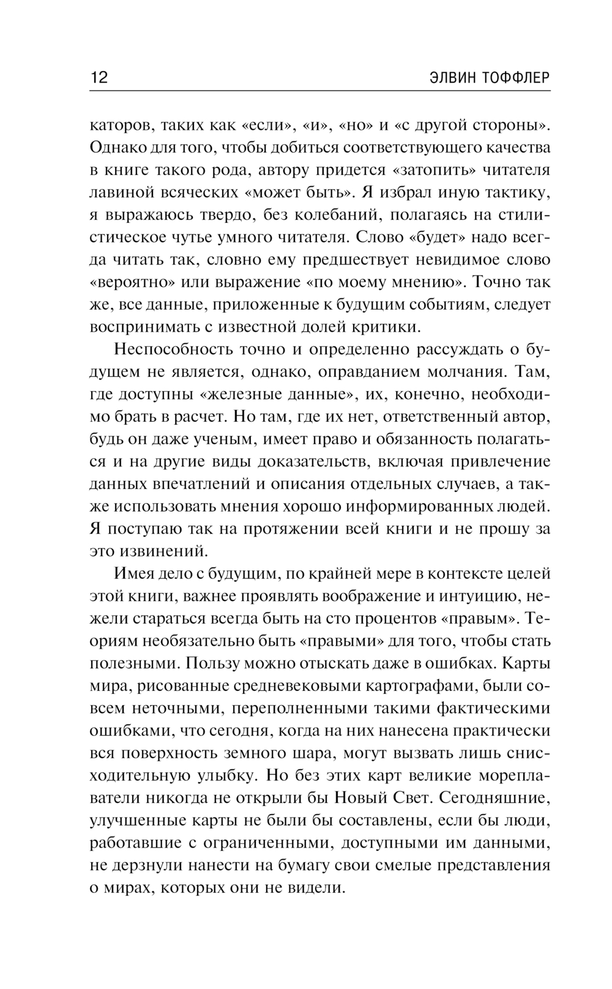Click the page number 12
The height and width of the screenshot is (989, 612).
pyautogui.click(x=99, y=78)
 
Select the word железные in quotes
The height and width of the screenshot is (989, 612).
pyautogui.click(x=244, y=394)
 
